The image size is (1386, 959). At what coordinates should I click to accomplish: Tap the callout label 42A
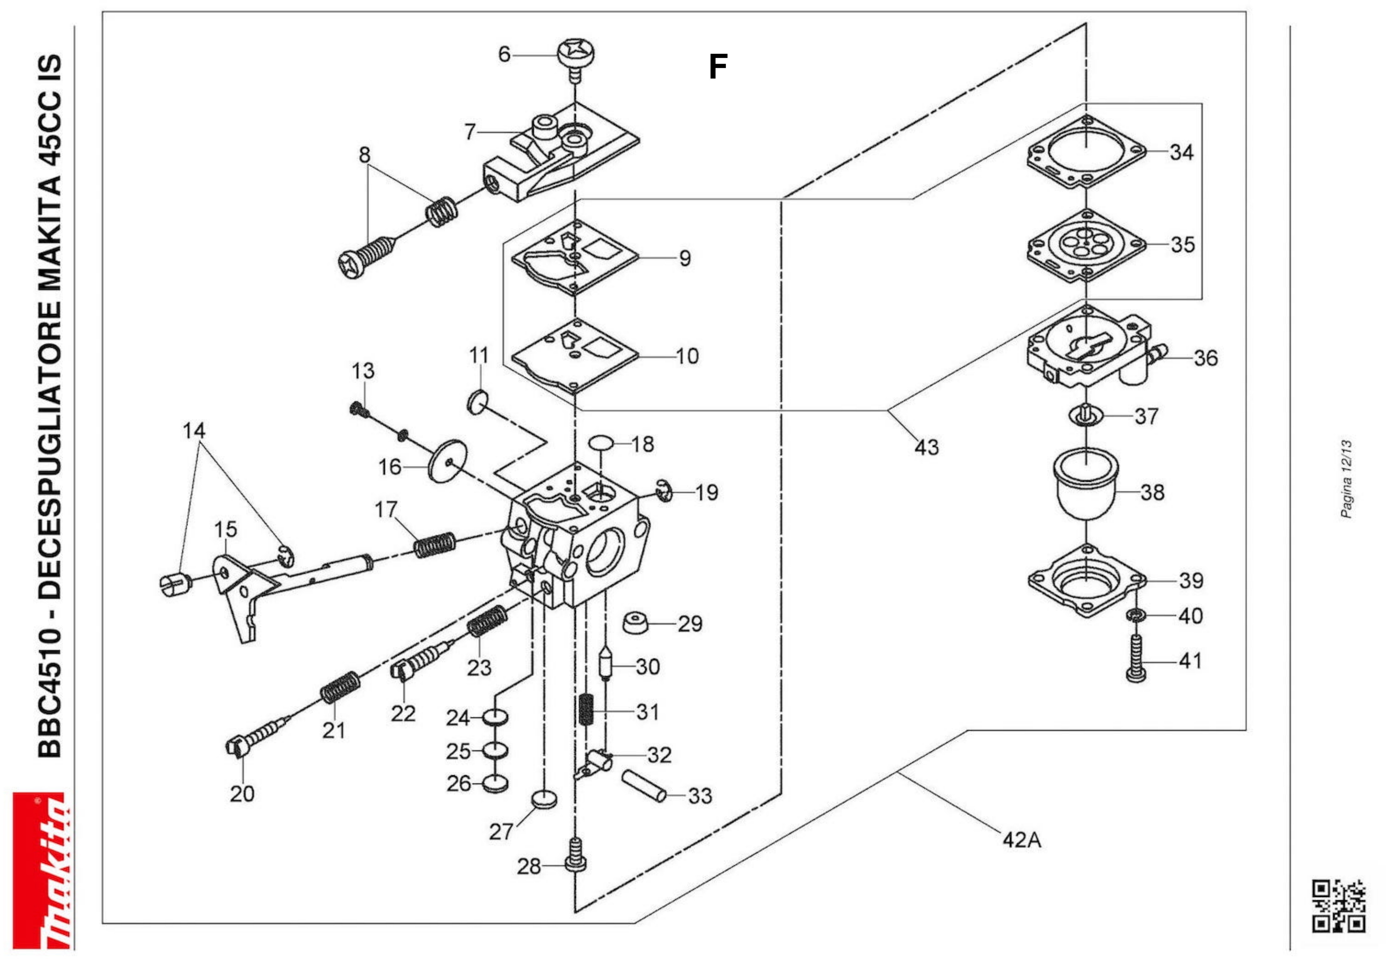coord(1021,839)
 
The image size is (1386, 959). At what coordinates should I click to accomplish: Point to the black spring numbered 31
coord(586,709)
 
